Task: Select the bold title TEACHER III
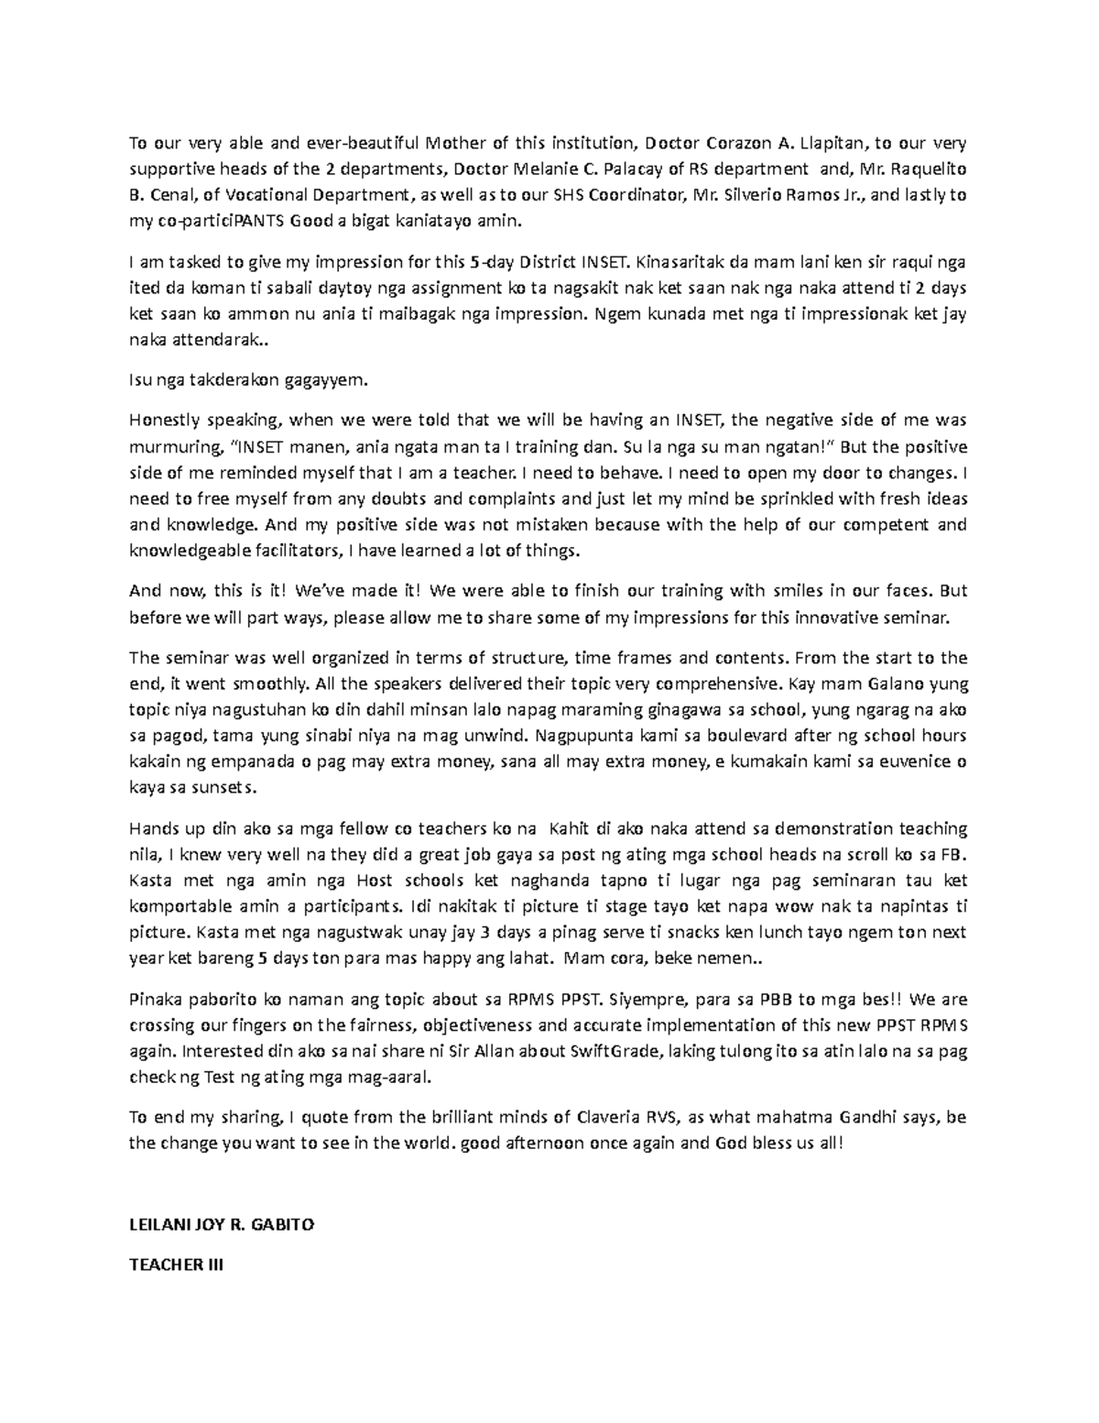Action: [x=176, y=1265]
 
